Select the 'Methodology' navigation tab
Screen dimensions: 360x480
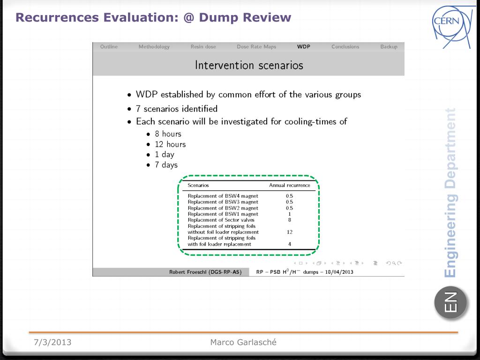pos(154,47)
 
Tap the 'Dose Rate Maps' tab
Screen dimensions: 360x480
pos(256,47)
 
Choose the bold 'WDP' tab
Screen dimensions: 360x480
pos(304,47)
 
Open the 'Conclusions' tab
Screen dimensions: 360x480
pos(345,47)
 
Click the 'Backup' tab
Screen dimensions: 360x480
pos(389,47)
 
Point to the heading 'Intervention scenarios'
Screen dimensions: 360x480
pos(249,65)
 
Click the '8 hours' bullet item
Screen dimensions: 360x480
pos(168,134)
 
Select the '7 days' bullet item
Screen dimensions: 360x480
pos(166,165)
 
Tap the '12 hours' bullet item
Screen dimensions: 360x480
pos(170,144)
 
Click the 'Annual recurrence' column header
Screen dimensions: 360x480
pos(290,186)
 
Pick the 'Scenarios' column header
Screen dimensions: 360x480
pos(198,186)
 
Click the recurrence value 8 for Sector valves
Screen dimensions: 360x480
pos(290,220)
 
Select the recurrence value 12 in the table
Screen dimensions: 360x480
pos(290,232)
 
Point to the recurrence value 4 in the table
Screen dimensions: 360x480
pos(290,244)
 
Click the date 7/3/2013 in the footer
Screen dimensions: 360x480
pos(52,342)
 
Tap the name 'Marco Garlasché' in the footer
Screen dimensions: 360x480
pos(243,342)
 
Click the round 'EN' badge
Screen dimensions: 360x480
pos(450,302)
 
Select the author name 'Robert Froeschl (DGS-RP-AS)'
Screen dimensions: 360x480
pos(205,272)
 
